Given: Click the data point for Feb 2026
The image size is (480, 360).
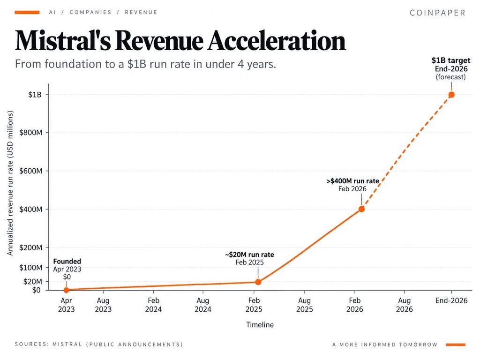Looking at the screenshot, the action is click(x=361, y=209).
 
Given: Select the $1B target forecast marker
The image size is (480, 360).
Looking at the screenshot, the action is click(x=451, y=95).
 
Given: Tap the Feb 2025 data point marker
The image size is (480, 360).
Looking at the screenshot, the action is click(x=258, y=282).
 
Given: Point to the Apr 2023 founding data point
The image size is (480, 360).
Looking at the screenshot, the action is click(x=67, y=290).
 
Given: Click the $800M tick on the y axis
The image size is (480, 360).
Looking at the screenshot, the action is click(x=30, y=133).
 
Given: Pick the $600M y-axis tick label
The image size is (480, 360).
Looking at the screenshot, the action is click(x=30, y=171).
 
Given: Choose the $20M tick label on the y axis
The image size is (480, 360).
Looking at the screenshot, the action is click(x=33, y=281).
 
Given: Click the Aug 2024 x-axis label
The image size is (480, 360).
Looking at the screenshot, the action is click(x=203, y=305).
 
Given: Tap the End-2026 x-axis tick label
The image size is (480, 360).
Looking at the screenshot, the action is click(x=451, y=300).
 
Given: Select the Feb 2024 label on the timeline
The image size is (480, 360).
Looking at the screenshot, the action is click(x=153, y=305).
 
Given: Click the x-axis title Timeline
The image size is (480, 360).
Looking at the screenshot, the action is click(x=260, y=325).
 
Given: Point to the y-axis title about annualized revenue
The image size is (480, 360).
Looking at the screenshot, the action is click(x=10, y=183).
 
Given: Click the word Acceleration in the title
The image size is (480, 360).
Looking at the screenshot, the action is click(x=277, y=40).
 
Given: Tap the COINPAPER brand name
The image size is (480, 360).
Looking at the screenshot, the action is click(x=437, y=13).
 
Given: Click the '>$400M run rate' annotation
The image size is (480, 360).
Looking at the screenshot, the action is click(x=352, y=181).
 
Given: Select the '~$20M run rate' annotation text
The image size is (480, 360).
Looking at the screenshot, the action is click(x=249, y=255).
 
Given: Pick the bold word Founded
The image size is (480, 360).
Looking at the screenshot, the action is click(x=67, y=262).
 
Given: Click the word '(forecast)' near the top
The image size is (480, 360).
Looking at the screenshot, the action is click(x=451, y=77).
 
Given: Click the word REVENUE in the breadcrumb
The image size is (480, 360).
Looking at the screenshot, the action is click(x=141, y=12).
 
